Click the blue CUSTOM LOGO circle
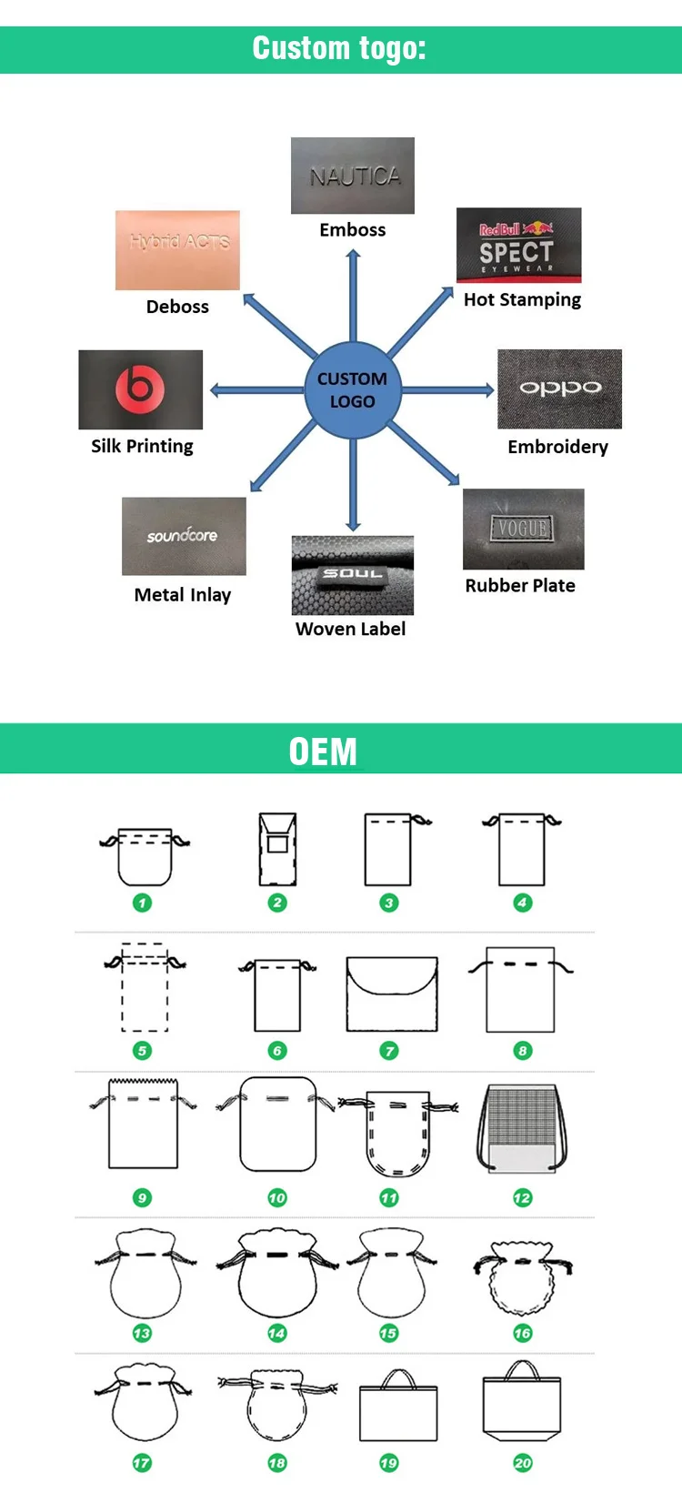coord(352,390)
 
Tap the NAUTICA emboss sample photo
coord(353,176)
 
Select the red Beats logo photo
coord(140,389)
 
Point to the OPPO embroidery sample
coord(559,388)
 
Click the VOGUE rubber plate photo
coord(523,529)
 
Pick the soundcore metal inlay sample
coord(184,536)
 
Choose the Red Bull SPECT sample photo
coord(518,245)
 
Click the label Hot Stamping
coord(522,299)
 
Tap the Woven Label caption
coord(350,629)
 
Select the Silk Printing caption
coord(142,446)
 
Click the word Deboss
coord(177,307)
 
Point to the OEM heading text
coord(323,752)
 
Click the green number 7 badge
coord(389,1051)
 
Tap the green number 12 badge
coord(522,1197)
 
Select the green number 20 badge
coord(522,1463)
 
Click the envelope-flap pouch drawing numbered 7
coord(392,994)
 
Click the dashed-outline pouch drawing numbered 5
coord(145,990)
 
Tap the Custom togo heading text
coord(339,48)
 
